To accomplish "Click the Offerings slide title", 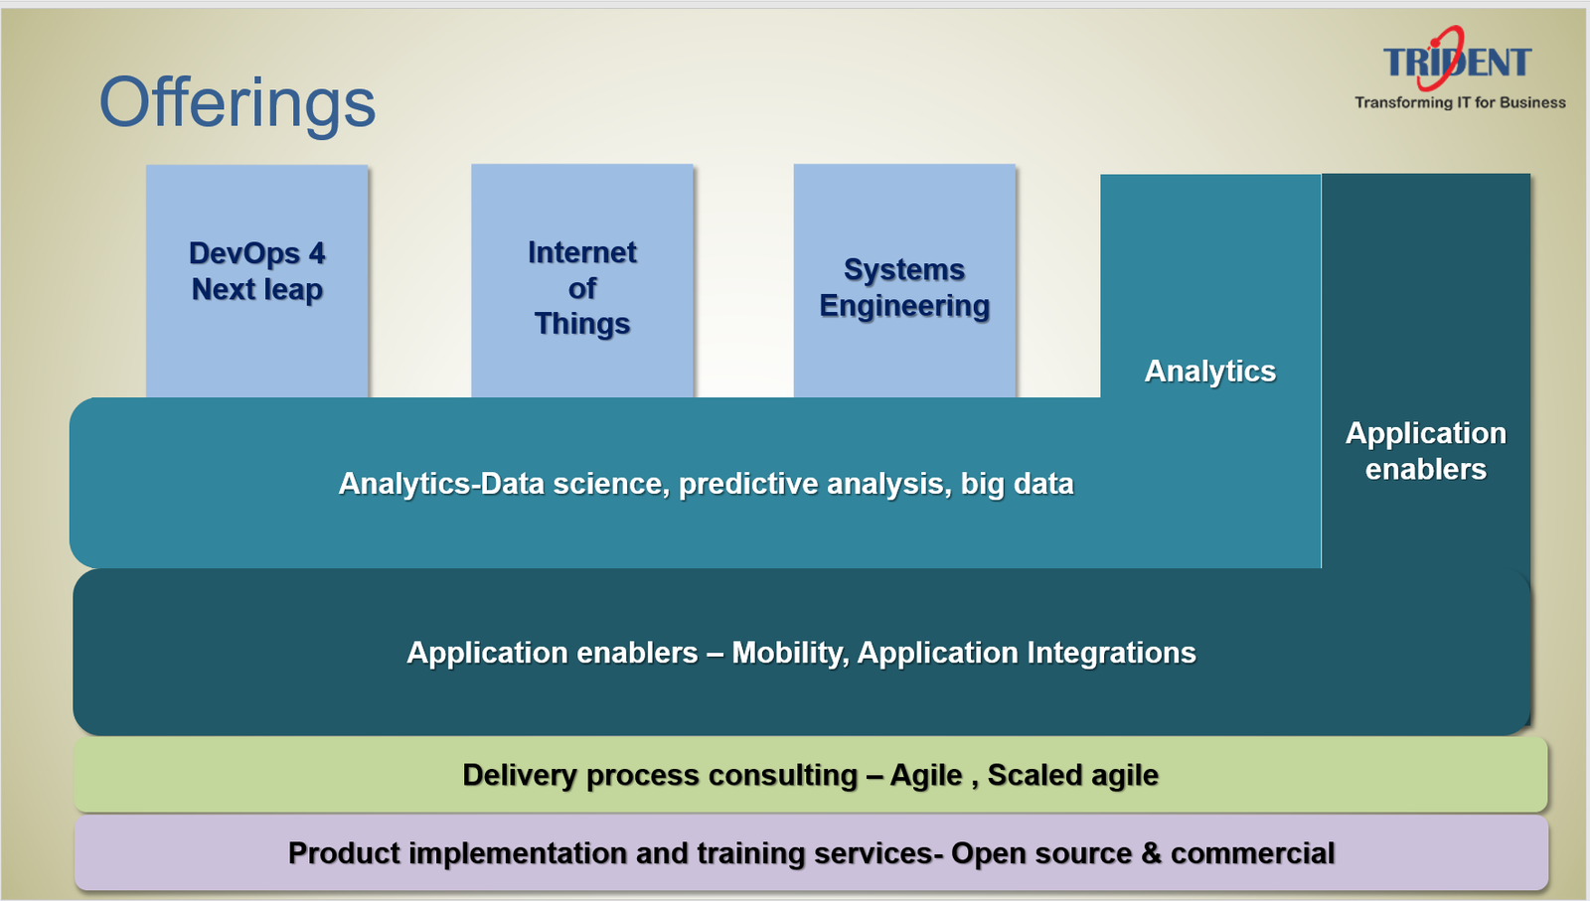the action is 238,104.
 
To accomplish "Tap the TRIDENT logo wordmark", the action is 1457,61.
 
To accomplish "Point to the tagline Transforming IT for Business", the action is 1460,103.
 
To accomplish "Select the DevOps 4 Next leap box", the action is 257,281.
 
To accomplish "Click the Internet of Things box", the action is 582,281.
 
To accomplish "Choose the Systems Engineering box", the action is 904,281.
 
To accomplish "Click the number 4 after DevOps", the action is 317,253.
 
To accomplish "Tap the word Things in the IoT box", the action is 582,324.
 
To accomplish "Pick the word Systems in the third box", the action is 904,269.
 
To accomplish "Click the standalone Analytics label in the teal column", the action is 1210,372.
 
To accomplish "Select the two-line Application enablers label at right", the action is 1426,451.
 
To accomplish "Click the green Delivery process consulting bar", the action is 811,775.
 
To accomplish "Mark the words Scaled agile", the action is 1073,776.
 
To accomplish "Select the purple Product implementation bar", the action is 811,852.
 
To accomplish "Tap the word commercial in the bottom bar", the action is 1253,853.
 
